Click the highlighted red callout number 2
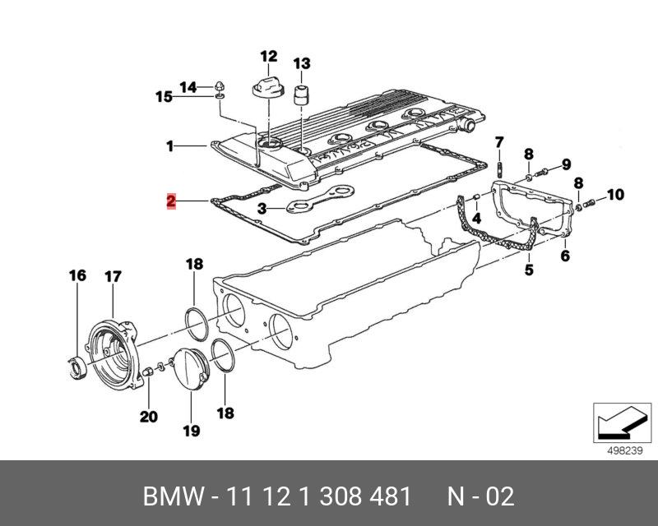[x=171, y=201]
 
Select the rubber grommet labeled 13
[x=300, y=95]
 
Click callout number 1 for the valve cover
[x=169, y=146]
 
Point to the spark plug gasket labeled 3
[x=320, y=197]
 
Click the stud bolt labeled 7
[x=499, y=170]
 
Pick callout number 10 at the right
[x=615, y=195]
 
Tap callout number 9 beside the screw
[x=567, y=164]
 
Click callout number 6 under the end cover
[x=565, y=255]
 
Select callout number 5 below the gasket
[x=529, y=270]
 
